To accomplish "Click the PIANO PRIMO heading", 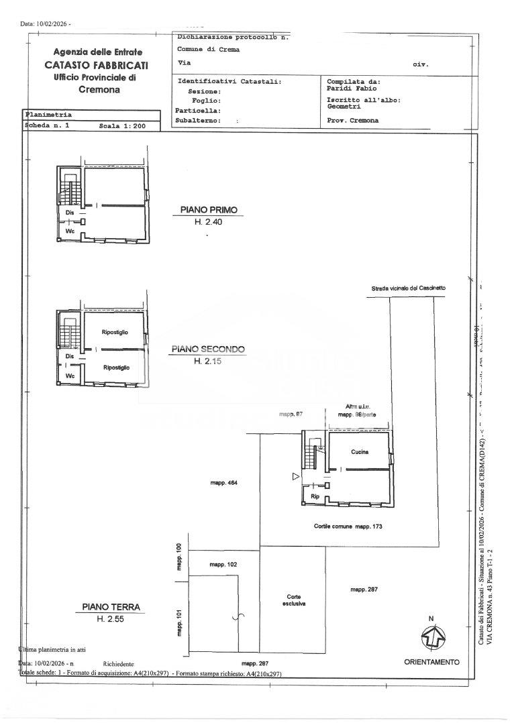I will pyautogui.click(x=209, y=210).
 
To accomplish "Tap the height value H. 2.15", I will pyautogui.click(x=207, y=361).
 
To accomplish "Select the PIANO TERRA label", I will pyautogui.click(x=111, y=607).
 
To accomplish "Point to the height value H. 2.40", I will pyautogui.click(x=208, y=221).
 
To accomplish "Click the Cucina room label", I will pyautogui.click(x=359, y=452).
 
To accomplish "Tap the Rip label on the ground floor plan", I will pyautogui.click(x=314, y=496).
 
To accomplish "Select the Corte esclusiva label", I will pyautogui.click(x=294, y=599).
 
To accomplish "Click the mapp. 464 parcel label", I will pyautogui.click(x=224, y=483).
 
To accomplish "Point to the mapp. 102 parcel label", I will pyautogui.click(x=223, y=565).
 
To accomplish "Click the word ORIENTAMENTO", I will pyautogui.click(x=431, y=662).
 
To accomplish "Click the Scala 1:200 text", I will pyautogui.click(x=121, y=125).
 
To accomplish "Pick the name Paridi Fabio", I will pyautogui.click(x=352, y=88).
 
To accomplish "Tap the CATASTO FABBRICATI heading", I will pyautogui.click(x=97, y=65).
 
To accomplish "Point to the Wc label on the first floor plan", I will pyautogui.click(x=69, y=231).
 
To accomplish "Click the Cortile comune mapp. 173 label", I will pyautogui.click(x=348, y=526).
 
